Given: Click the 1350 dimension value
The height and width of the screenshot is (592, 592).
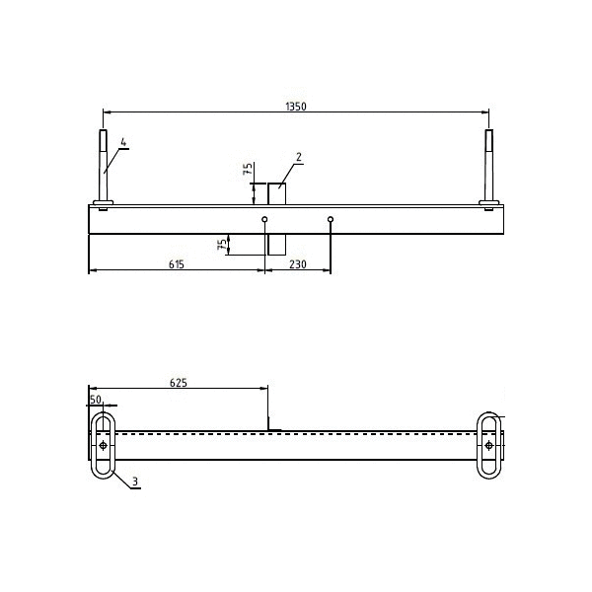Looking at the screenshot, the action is coord(296,107).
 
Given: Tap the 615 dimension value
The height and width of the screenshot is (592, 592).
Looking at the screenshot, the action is coord(177,264).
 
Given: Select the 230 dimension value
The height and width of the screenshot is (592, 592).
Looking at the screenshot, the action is coord(298,264).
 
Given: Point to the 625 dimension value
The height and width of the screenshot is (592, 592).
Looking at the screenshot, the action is coord(179,383).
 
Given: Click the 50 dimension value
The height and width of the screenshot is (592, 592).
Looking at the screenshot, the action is coord(96,400).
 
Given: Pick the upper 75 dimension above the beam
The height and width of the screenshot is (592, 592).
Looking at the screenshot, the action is coord(248,169).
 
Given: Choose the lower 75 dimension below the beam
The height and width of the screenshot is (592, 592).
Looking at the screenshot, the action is coord(223,245).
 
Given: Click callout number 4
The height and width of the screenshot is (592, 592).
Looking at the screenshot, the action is coord(123,142).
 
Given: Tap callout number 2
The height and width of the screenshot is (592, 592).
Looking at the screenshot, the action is coord(299,157).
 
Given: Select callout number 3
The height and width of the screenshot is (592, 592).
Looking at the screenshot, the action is coord(135,481).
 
